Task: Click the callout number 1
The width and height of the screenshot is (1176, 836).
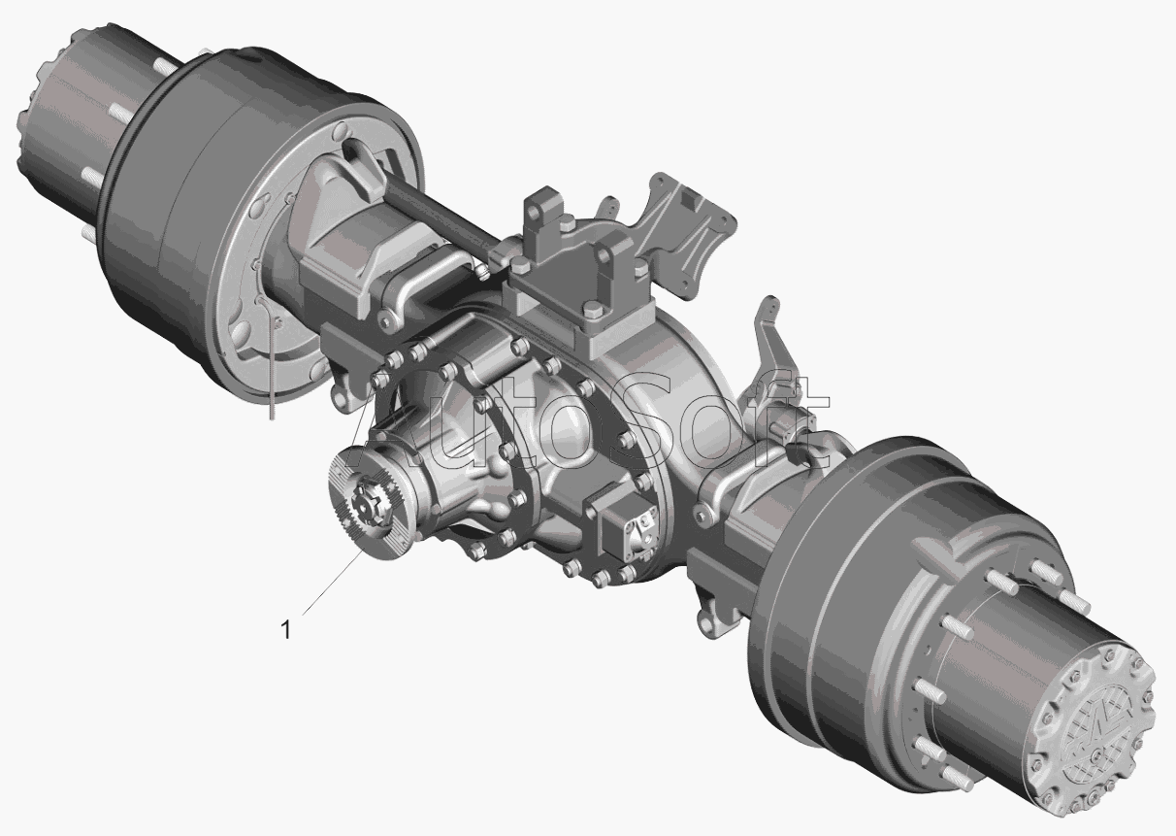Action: coord(285,629)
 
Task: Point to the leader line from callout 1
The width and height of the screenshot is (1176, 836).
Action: coord(333,583)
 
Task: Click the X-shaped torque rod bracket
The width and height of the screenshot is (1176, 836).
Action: coord(682,231)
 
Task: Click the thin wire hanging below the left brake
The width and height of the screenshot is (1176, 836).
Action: coord(271,362)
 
